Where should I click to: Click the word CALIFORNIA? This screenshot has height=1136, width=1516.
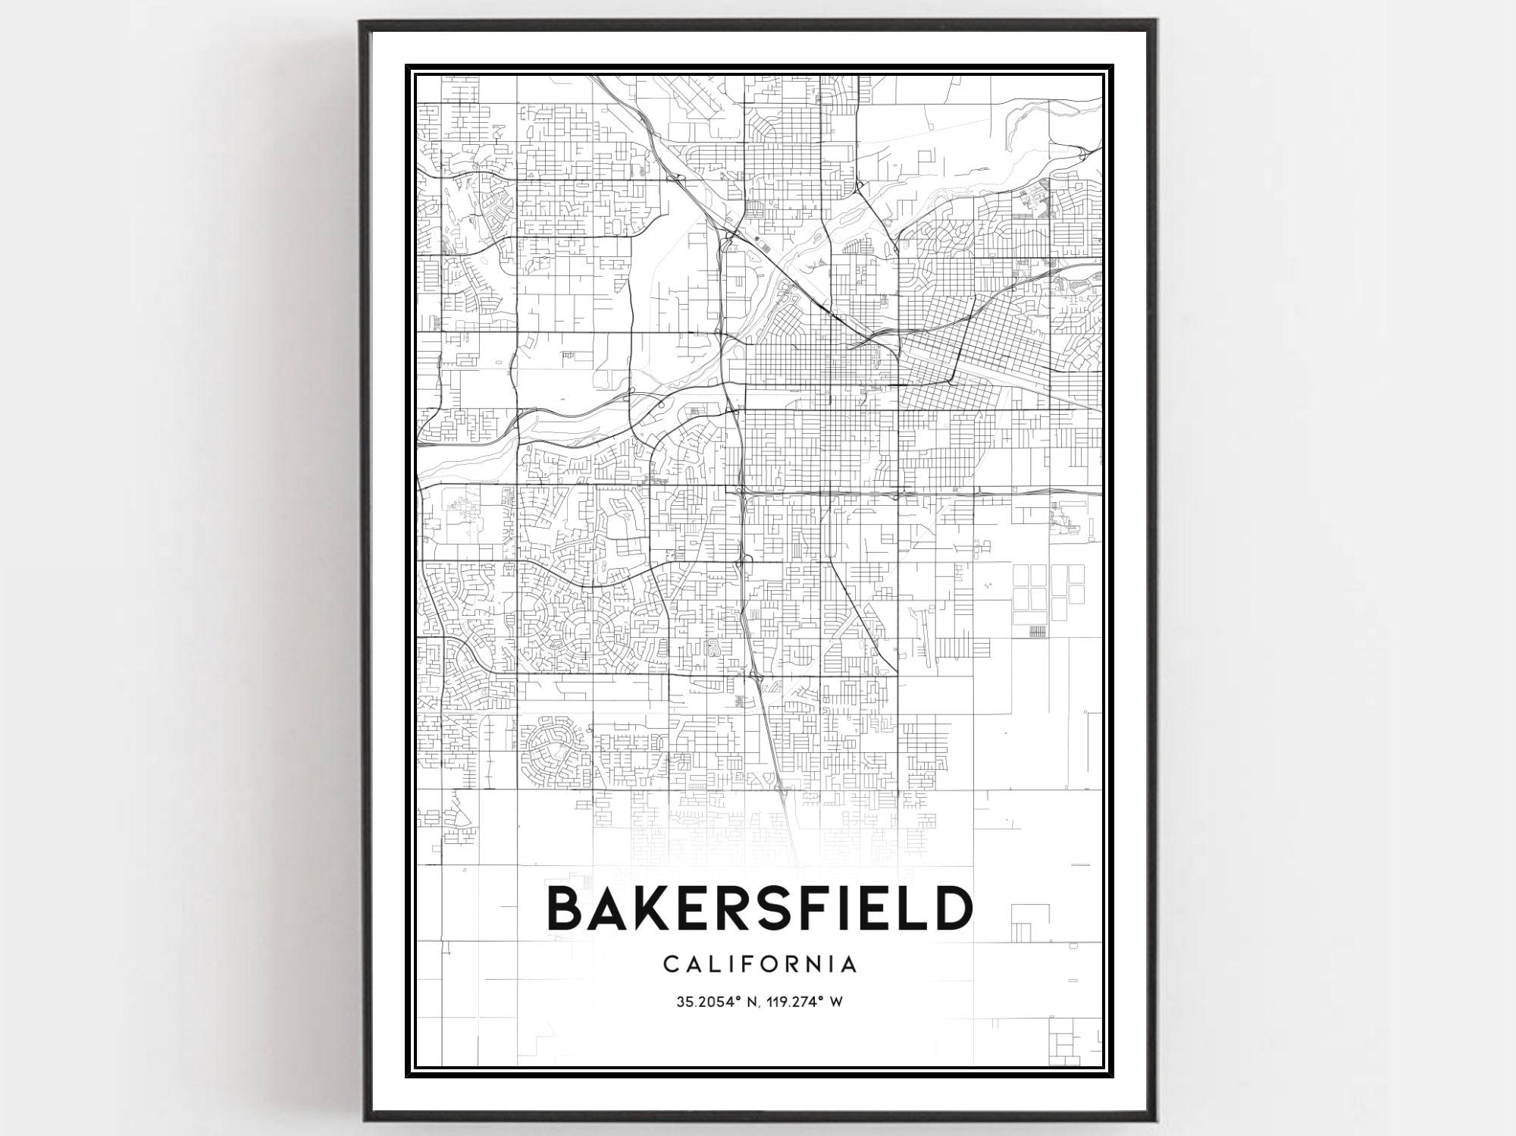click(x=760, y=965)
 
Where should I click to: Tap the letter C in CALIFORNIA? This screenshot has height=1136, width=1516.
click(x=670, y=965)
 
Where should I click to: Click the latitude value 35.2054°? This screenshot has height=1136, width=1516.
click(x=708, y=1002)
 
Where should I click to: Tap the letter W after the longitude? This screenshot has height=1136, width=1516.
click(x=836, y=1002)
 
